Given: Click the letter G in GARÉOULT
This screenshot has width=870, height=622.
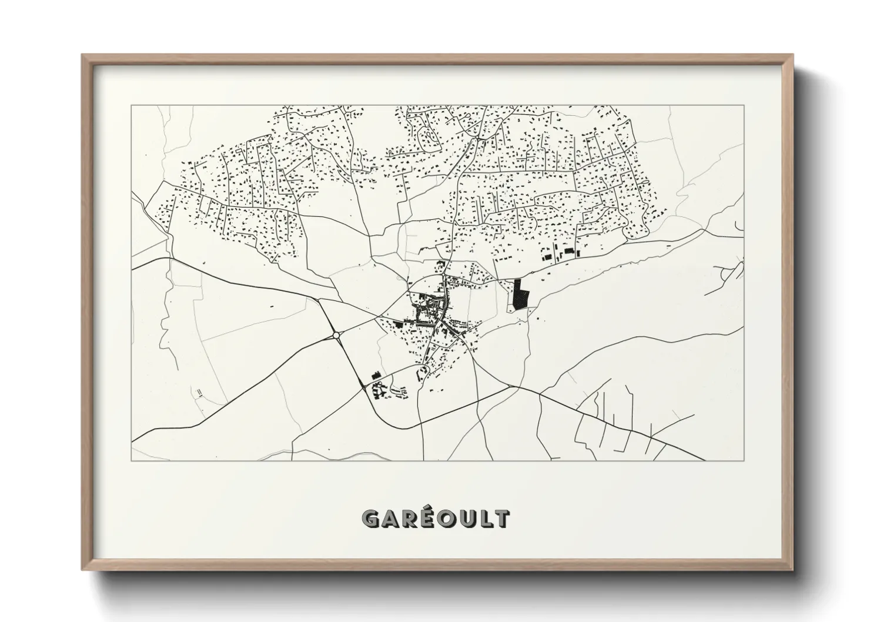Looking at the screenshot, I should [372, 518].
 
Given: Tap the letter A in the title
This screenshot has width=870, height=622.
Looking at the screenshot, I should [391, 519].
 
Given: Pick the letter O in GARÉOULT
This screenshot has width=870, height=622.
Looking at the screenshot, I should [446, 519].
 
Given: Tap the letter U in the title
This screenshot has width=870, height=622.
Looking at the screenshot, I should [466, 519].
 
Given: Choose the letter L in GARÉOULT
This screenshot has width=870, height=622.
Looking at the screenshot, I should [484, 519].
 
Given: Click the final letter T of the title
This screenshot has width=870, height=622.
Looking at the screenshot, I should [500, 519].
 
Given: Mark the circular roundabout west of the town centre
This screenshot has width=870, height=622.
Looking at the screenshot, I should [336, 335].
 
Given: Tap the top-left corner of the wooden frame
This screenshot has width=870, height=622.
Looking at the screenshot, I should [82, 55].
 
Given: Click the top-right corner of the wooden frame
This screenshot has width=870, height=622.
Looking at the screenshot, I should [793, 55].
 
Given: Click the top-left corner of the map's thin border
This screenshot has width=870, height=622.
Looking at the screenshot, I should [131, 105].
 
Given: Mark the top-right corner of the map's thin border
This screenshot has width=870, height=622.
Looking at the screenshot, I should [744, 105].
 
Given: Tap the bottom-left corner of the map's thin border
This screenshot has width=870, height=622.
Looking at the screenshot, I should [131, 460].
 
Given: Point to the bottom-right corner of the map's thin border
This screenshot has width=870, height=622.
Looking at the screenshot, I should [744, 460].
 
